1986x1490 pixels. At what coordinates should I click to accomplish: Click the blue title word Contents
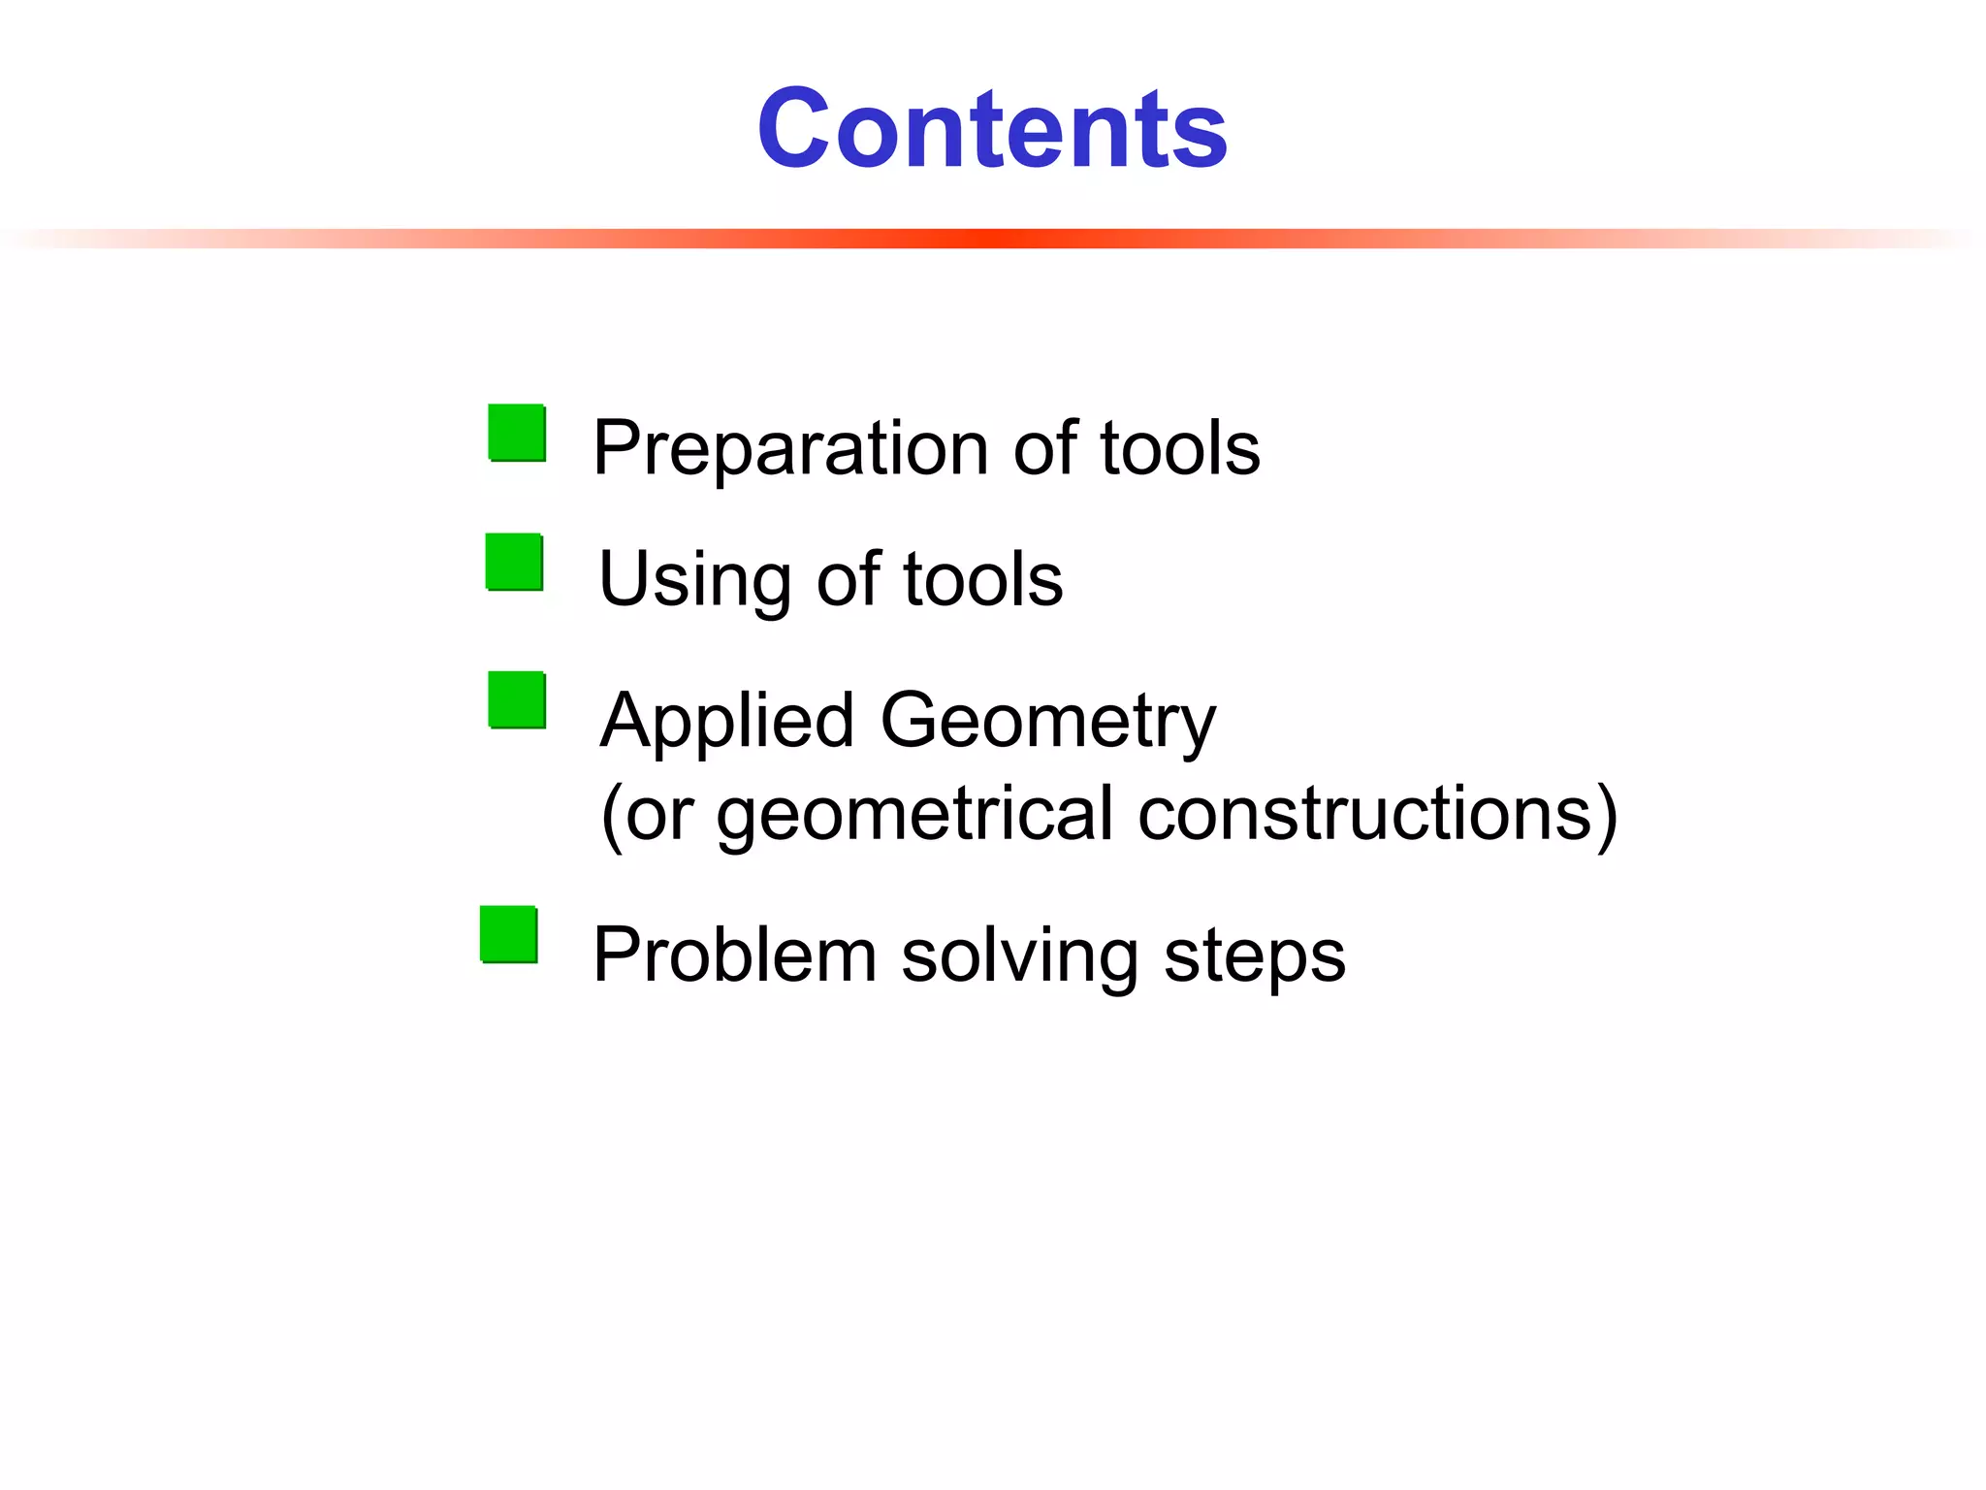point(992,128)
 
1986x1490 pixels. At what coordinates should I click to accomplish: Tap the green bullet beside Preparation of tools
point(517,433)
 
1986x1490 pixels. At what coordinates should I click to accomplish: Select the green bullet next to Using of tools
point(514,562)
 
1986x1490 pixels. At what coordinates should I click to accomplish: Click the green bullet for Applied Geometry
point(517,699)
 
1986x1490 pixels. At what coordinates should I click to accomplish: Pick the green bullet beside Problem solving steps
point(509,934)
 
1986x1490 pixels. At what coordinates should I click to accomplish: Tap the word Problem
point(735,956)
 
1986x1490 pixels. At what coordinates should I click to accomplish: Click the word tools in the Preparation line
point(1179,449)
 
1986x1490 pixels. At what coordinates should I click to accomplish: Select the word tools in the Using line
point(982,580)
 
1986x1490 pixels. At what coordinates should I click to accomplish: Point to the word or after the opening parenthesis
point(659,815)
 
